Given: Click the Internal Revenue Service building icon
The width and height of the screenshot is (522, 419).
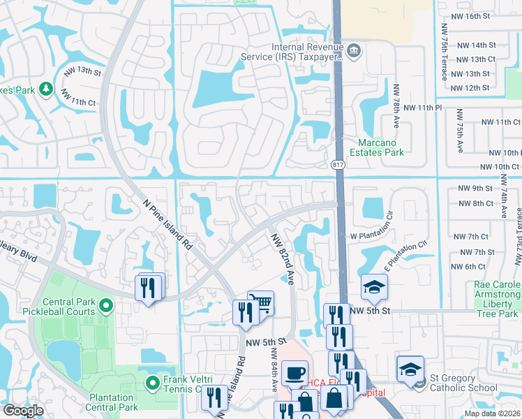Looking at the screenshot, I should [x=354, y=50].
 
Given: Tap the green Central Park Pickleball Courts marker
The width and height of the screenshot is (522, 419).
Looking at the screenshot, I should [x=105, y=305].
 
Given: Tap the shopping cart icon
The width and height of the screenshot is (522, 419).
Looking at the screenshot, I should [x=260, y=302].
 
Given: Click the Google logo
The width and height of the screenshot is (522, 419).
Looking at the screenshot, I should [x=23, y=411].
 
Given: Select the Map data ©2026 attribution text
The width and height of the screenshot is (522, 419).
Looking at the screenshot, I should [x=491, y=413].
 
